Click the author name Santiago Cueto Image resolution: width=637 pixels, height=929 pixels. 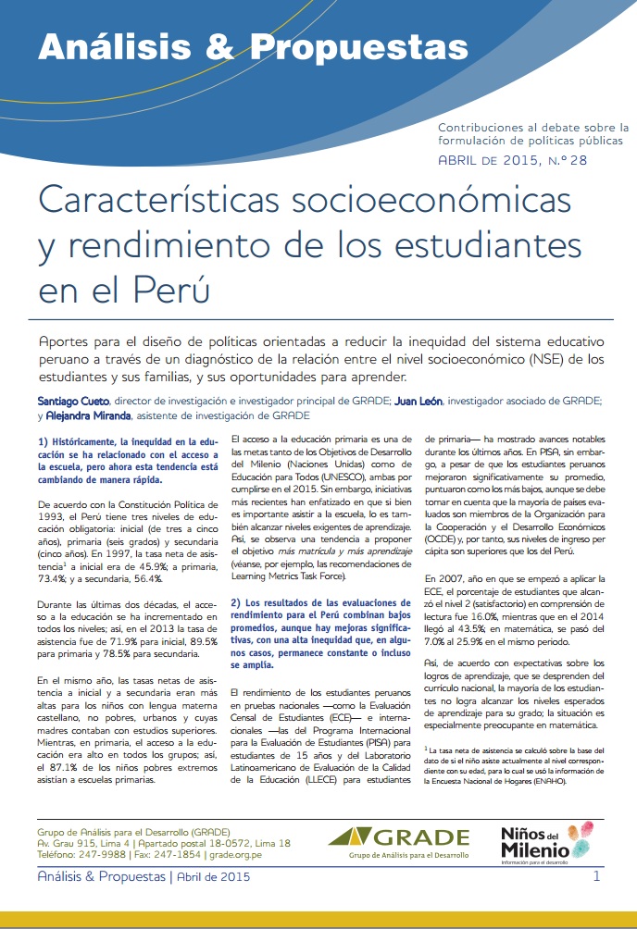click(67, 402)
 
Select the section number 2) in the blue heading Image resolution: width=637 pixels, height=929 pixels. click(238, 603)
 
